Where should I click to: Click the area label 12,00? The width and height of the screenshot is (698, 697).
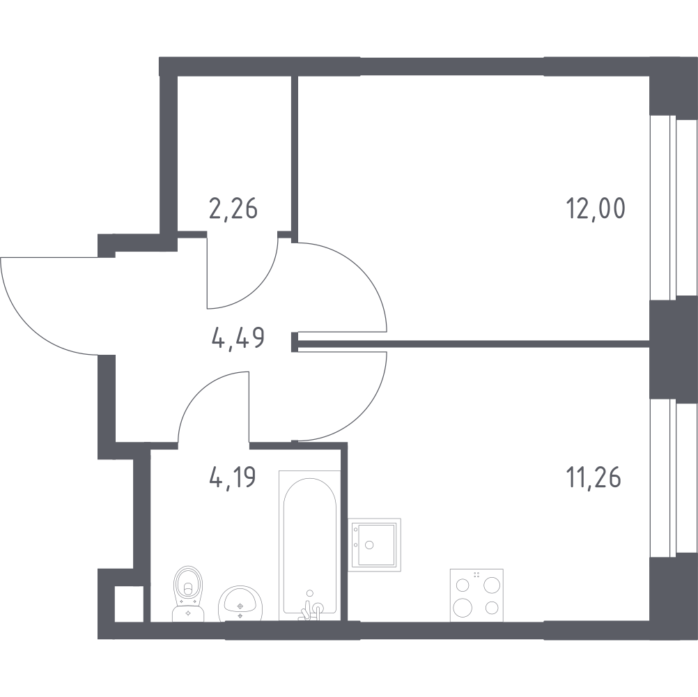point(596,208)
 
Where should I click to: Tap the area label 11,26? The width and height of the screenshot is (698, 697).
point(594,477)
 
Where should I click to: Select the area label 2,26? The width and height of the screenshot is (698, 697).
point(233,209)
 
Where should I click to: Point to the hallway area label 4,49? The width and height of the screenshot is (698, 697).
point(238,337)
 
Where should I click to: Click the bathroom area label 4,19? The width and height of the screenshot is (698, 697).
point(233,477)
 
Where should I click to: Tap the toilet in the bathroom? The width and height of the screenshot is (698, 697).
point(187,593)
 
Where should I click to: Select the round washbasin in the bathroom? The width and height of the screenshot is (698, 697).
point(240,604)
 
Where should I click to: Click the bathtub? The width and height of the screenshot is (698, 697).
point(309,545)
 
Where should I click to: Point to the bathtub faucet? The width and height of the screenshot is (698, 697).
point(310,606)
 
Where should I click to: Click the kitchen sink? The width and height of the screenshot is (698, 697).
point(374,545)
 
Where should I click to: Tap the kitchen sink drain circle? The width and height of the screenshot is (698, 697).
point(369,544)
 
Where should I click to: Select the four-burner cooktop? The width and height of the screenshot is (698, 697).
point(476,595)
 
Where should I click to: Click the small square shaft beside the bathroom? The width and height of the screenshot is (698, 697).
point(129,604)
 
